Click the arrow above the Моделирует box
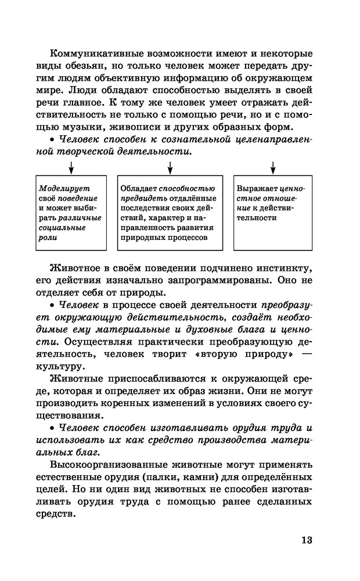pyautogui.click(x=71, y=167)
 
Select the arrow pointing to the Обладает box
pyautogui.click(x=170, y=167)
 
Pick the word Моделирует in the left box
pyautogui.click(x=59, y=188)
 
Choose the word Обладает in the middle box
pyautogui.click(x=139, y=188)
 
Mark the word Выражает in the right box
pyautogui.click(x=257, y=188)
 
